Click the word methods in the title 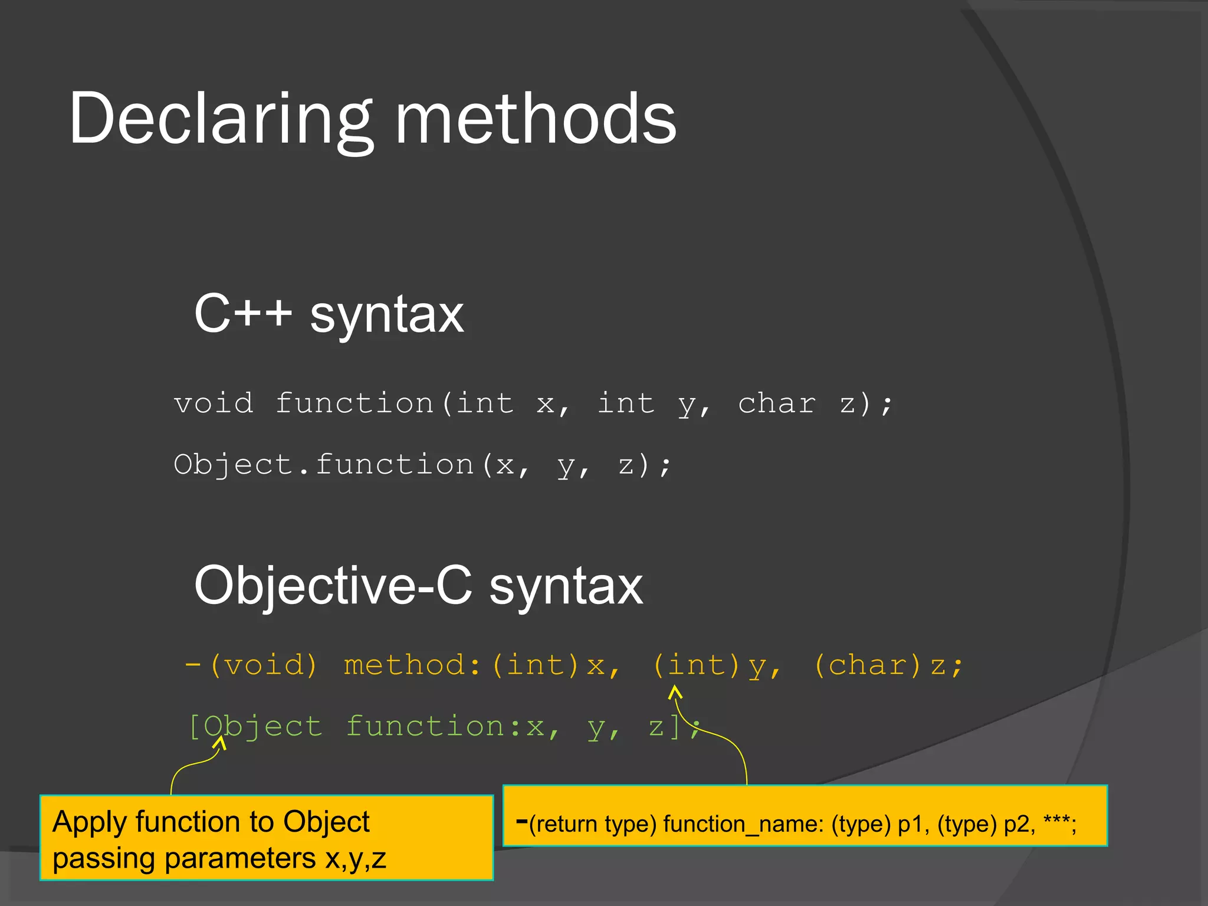[x=536, y=120]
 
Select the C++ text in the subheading [x=243, y=314]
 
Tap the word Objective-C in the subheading [x=333, y=586]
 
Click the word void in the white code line [x=214, y=404]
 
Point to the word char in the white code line [x=777, y=404]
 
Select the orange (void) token [x=264, y=666]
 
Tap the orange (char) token [x=867, y=666]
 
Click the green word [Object [x=255, y=727]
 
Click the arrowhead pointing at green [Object [x=220, y=743]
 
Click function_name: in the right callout [x=743, y=824]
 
